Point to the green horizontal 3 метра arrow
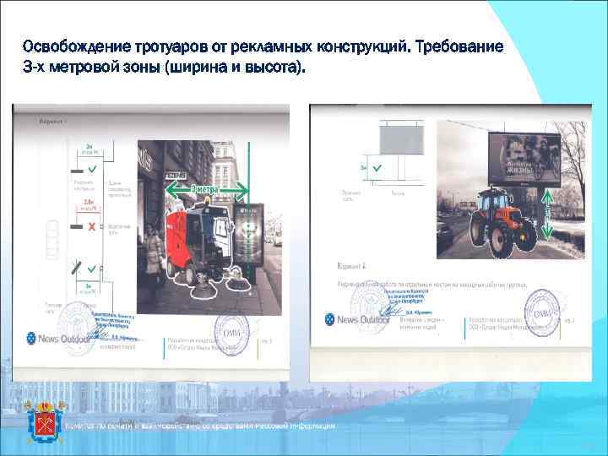[x=208, y=189]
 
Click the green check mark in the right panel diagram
[x=376, y=169]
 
